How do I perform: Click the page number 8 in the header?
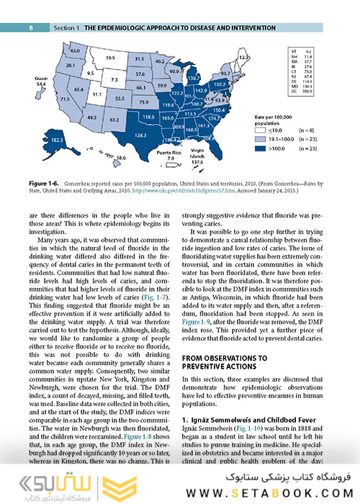31,27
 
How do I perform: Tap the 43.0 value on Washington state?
74,51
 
